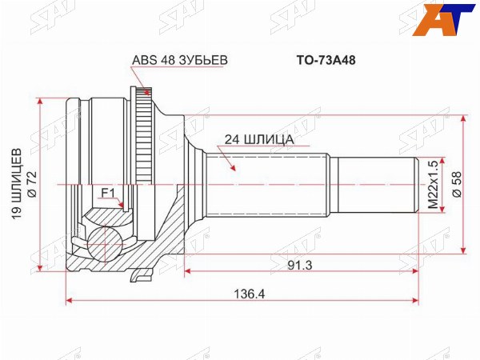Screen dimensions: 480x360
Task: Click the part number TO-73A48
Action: (x=326, y=61)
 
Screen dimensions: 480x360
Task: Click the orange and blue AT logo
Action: (x=443, y=19)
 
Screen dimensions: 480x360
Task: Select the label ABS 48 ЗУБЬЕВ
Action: (x=180, y=60)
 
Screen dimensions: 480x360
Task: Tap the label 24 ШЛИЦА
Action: (x=259, y=139)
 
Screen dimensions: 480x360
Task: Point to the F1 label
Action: (x=108, y=193)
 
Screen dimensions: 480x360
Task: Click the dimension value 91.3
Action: (x=300, y=266)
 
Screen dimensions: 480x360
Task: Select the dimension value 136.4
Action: (x=250, y=294)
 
